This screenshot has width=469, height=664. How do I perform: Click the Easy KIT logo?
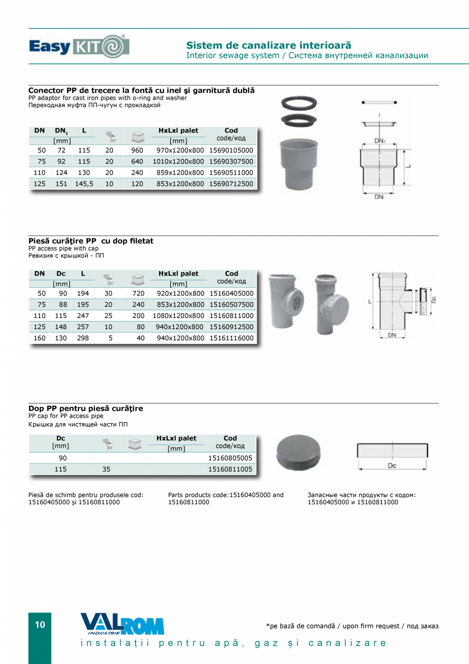[x=79, y=46]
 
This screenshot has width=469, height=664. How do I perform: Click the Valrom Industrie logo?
[x=122, y=624]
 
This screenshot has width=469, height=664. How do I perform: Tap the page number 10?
[x=40, y=625]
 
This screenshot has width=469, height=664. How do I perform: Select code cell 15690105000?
[x=231, y=151]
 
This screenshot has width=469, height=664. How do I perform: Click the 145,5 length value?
[x=84, y=184]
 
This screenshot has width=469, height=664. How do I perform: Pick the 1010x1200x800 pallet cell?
[x=178, y=162]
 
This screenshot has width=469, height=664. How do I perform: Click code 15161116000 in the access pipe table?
[x=231, y=338]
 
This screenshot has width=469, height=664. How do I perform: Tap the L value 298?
[x=83, y=338]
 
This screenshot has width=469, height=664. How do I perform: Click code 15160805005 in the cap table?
[x=230, y=458]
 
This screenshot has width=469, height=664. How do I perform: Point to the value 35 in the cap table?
[x=106, y=469]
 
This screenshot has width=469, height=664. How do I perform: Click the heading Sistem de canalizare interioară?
[x=269, y=45]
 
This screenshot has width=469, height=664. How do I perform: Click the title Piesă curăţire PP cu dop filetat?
[x=91, y=241]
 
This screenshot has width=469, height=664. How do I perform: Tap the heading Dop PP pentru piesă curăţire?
[x=86, y=408]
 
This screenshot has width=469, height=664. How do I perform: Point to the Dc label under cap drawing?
[x=392, y=466]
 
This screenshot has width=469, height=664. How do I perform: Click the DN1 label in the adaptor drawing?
[x=379, y=140]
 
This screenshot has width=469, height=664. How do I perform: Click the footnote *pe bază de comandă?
[x=352, y=626]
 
